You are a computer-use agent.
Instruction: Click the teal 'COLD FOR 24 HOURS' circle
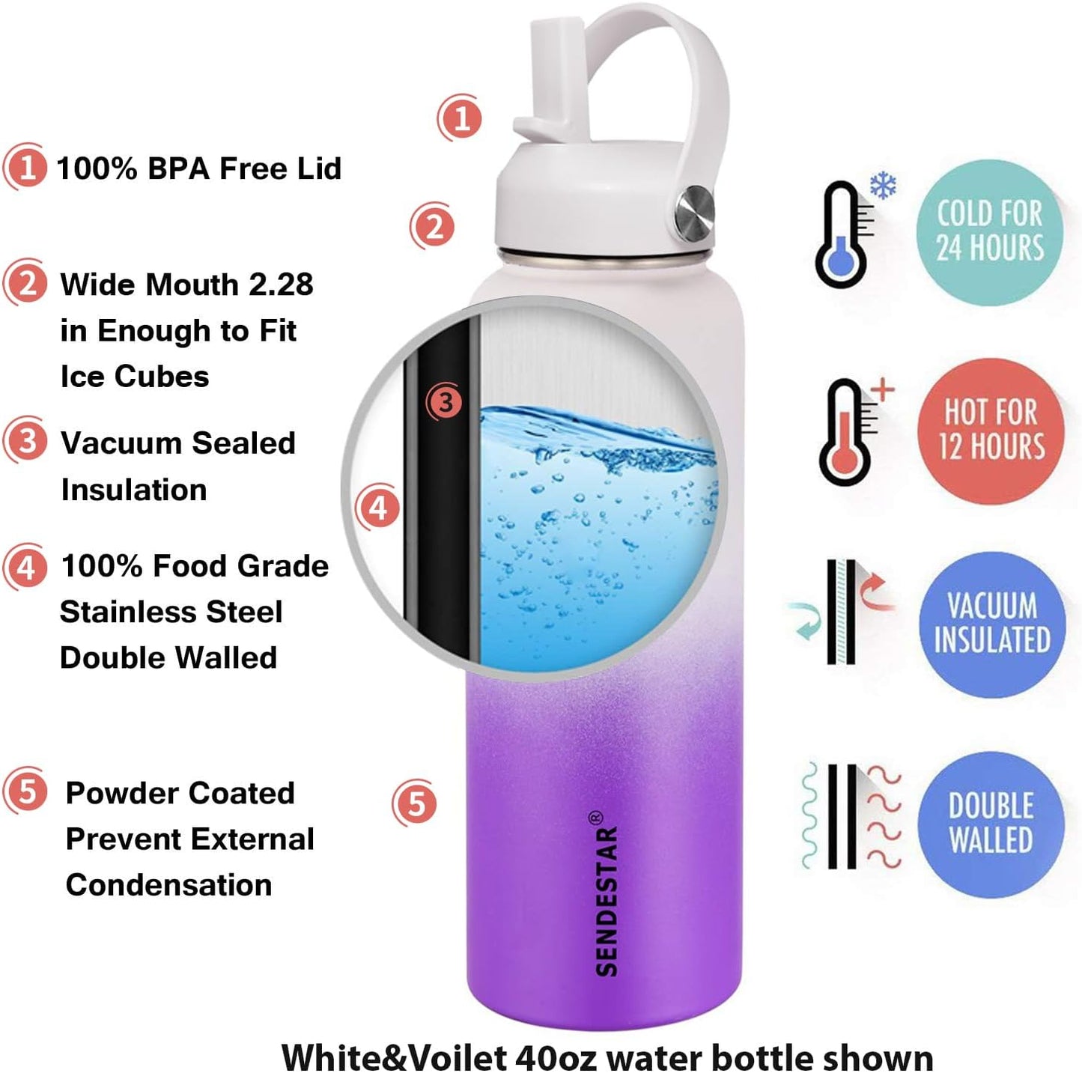click(989, 231)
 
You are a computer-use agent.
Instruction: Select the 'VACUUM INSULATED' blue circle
click(991, 624)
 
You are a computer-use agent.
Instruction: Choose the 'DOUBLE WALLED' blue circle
click(991, 823)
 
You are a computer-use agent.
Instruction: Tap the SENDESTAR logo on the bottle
click(607, 894)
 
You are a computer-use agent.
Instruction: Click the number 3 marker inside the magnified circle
click(446, 403)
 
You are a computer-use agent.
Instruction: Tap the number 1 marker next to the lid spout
click(461, 118)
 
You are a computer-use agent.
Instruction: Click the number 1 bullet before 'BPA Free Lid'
click(26, 168)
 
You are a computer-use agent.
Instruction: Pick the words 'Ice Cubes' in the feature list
click(135, 377)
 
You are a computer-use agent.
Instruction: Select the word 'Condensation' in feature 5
click(168, 885)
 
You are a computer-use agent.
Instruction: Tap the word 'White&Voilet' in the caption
click(394, 1057)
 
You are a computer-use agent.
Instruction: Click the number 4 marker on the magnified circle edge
click(378, 508)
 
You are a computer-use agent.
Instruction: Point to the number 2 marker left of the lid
click(433, 225)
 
